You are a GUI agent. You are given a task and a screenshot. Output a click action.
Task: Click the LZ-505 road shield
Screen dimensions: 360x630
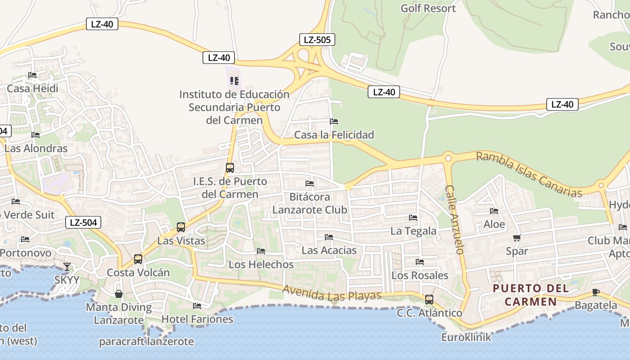tap(317, 40)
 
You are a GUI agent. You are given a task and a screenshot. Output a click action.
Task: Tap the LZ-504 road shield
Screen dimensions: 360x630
tap(83, 222)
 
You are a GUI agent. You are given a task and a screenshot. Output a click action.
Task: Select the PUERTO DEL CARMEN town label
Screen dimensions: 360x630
tap(531, 295)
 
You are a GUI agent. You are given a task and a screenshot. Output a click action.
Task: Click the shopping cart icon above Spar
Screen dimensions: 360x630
tap(517, 238)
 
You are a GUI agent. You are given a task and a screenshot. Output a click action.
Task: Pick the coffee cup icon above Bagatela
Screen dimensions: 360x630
tap(596, 292)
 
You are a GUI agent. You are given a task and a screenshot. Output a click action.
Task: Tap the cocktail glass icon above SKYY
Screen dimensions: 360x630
tap(67, 267)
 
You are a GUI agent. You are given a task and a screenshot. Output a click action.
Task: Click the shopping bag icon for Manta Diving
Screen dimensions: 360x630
tap(119, 294)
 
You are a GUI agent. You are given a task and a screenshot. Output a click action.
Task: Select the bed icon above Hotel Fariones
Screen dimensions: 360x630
tap(197, 306)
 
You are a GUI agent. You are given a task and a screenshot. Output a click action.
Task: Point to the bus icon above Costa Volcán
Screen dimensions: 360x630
tap(138, 259)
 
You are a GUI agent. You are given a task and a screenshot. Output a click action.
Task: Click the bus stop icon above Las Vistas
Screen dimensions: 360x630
tap(181, 227)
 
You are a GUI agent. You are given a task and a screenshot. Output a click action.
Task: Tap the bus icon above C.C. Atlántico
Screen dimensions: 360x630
tap(429, 299)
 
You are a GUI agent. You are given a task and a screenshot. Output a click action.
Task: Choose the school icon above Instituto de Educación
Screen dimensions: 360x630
tap(234, 81)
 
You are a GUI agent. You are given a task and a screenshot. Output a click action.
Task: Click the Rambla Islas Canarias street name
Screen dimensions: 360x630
tap(529, 175)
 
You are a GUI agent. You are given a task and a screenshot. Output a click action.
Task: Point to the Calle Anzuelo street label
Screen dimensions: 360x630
tap(454, 220)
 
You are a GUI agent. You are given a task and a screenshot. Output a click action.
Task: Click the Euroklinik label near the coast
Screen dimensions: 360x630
tap(466, 337)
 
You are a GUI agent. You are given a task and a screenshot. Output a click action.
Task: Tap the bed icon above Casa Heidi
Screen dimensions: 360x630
tap(32, 75)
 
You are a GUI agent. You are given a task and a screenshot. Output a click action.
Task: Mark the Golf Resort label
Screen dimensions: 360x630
tap(428, 8)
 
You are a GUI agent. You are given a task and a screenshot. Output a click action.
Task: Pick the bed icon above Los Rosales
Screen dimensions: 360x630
tap(420, 262)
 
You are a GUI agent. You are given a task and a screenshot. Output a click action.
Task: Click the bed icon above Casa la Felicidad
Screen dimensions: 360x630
tap(334, 121)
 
